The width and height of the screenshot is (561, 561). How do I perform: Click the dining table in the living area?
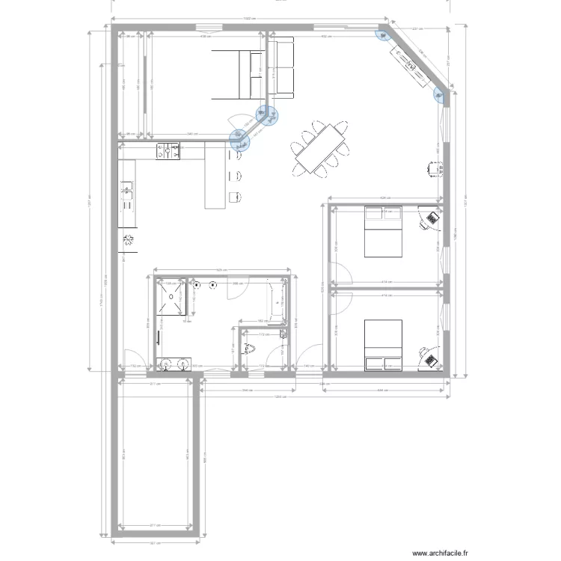tap(322, 149)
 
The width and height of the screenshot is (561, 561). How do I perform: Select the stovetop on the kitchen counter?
tap(168, 152)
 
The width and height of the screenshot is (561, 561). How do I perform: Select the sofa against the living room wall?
tap(281, 69)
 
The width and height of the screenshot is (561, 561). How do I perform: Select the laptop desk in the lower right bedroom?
tap(429, 356)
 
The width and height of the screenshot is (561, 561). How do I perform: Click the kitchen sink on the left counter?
tap(126, 194)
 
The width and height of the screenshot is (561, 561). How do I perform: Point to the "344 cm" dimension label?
tap(245, 391)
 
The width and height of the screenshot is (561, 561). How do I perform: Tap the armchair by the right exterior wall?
tap(432, 169)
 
